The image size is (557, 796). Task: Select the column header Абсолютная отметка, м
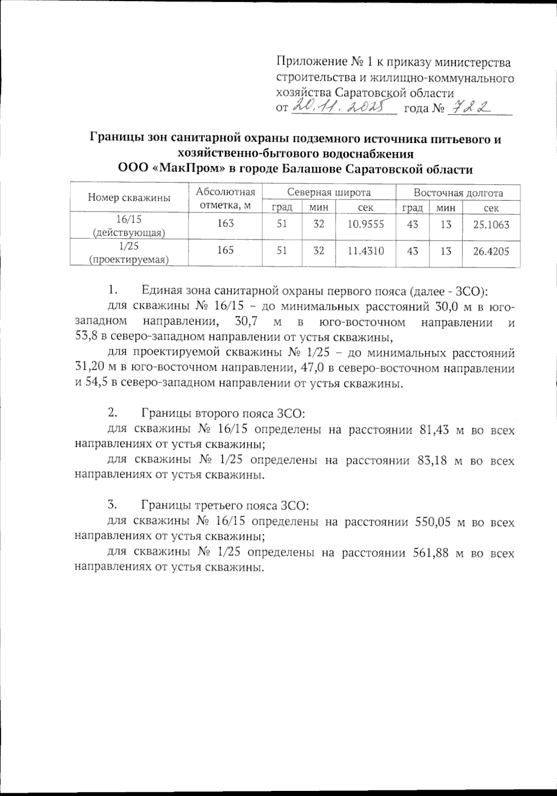click(225, 199)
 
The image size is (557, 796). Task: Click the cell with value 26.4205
click(491, 251)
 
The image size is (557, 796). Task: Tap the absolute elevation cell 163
click(225, 225)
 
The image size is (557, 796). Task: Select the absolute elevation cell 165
click(225, 251)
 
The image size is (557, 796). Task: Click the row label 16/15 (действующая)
click(129, 225)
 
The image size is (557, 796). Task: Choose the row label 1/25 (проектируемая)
click(129, 252)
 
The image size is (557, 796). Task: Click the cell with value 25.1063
click(491, 225)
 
